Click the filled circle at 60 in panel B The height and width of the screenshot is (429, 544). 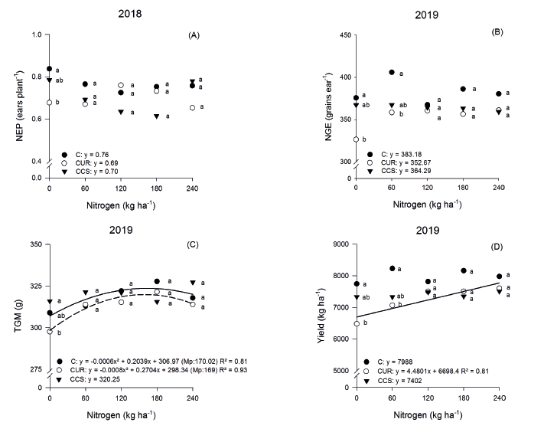point(391,72)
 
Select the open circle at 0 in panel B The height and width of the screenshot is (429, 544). point(355,139)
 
